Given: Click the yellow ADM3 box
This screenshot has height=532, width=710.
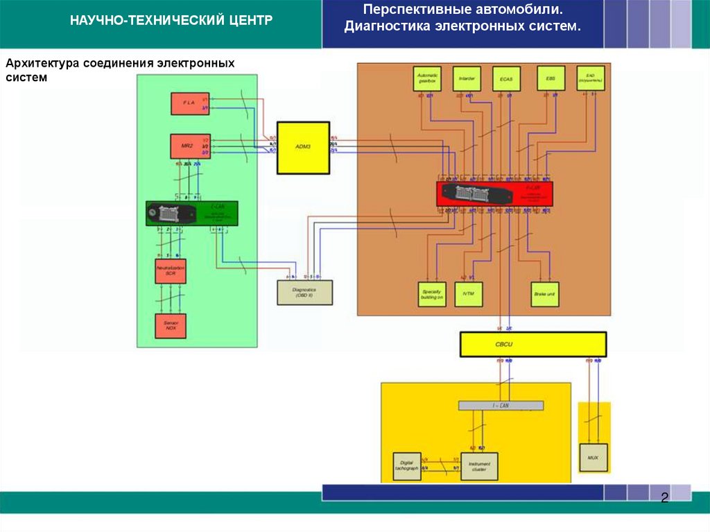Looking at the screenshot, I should (303, 148).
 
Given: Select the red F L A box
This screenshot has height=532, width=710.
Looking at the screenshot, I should (189, 103).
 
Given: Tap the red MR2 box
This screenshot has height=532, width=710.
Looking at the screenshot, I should (189, 146).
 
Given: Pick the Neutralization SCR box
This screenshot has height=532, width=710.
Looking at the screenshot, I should (171, 271).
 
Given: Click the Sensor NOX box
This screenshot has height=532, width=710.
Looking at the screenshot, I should (171, 325).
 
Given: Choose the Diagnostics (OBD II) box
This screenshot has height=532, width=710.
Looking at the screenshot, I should (304, 292).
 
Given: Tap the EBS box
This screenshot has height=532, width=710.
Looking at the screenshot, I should (551, 78).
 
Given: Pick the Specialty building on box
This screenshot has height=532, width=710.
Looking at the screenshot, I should (432, 294).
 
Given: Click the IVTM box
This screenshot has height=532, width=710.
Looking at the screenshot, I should (468, 294).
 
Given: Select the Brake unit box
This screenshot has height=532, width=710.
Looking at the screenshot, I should (545, 294).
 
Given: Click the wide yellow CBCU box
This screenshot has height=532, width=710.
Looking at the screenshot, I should (532, 344).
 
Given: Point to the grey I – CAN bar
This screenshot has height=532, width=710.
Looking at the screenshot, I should (501, 405).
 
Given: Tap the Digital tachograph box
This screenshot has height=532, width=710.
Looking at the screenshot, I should (406, 466).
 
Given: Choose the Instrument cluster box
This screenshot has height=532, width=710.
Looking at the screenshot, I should (479, 466).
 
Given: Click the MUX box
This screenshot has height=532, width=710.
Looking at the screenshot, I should (593, 458).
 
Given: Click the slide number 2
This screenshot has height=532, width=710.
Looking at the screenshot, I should (664, 498).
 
